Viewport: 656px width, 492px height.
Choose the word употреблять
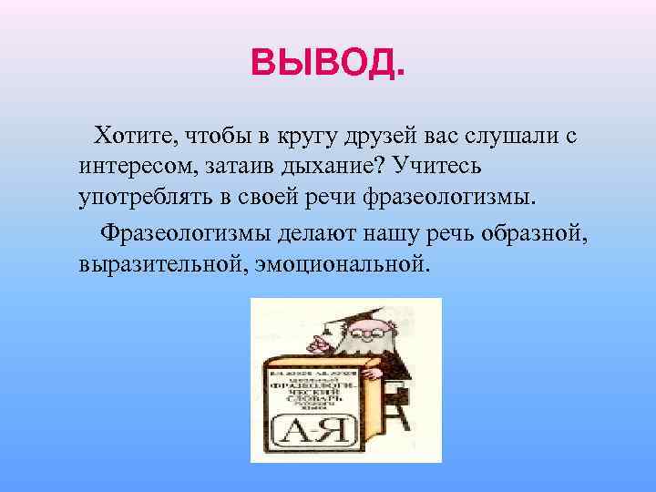(x=142, y=199)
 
